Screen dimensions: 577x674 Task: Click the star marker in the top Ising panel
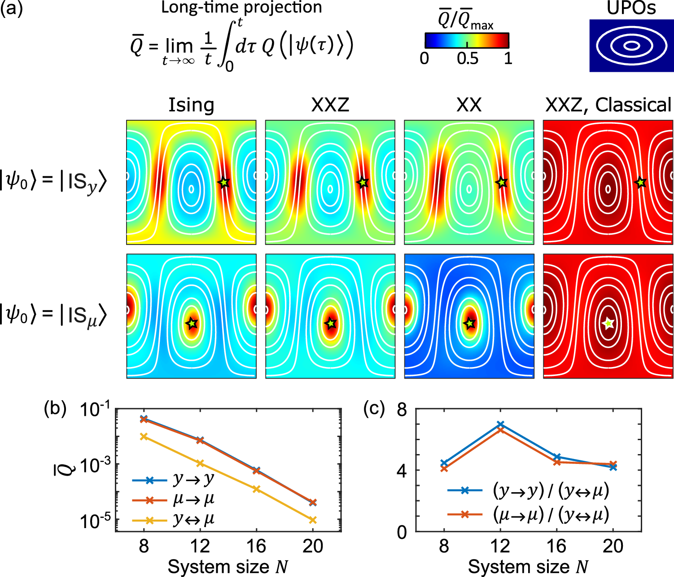pos(223,183)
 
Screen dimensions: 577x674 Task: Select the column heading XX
pos(469,105)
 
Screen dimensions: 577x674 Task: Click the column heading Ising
pos(191,105)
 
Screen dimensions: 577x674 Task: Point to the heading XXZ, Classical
pos(608,105)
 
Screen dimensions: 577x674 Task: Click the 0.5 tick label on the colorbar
pos(467,59)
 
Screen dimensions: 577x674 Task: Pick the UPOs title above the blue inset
pos(631,8)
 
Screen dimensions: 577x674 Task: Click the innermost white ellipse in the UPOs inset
pos(631,45)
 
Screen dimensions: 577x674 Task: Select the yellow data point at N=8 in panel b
pos(144,436)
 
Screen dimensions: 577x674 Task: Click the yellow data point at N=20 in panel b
pos(313,520)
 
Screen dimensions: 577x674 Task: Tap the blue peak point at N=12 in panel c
pos(500,424)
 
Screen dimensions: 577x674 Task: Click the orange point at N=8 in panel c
pos(444,468)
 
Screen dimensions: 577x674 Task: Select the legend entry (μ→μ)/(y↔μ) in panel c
pos(551,515)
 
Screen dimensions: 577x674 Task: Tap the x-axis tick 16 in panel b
pos(256,546)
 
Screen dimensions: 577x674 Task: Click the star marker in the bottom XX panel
pos(469,323)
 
